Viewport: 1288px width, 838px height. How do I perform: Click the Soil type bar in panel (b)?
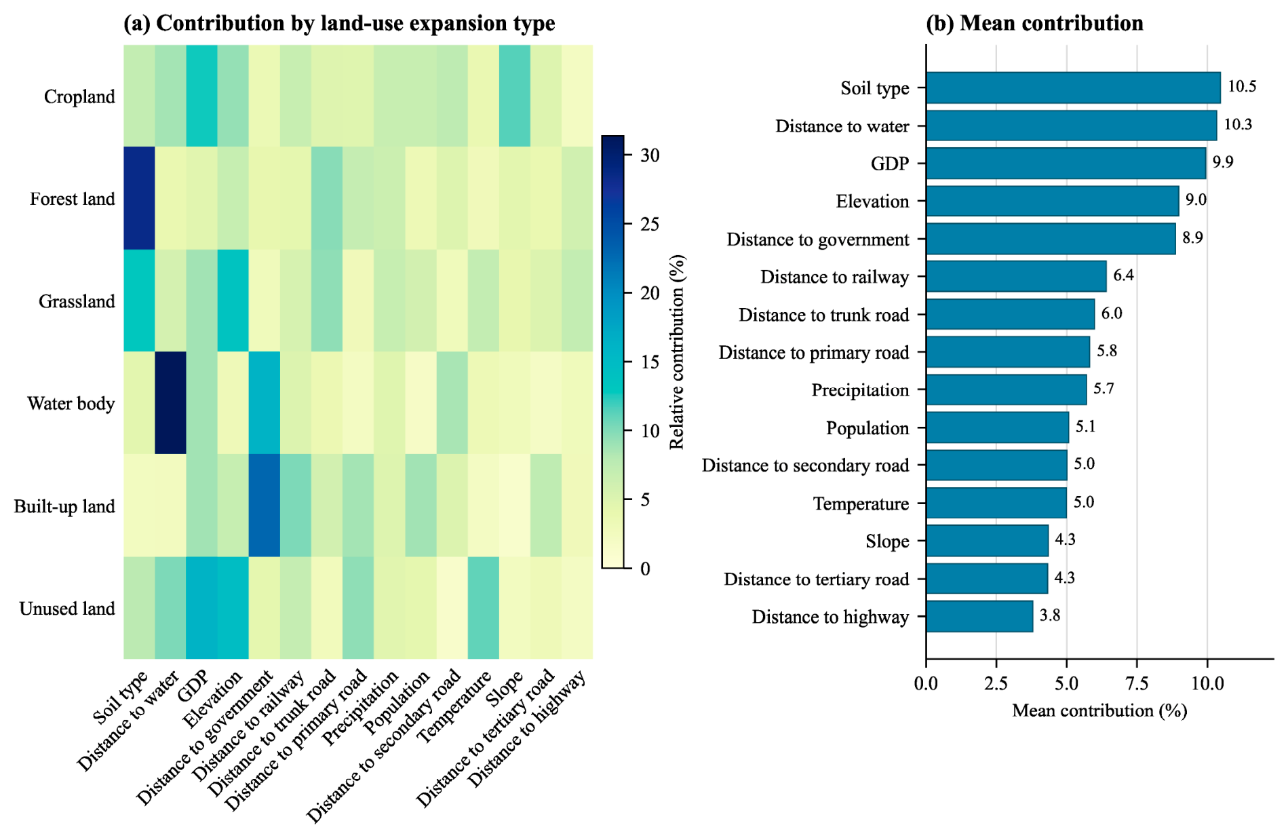tap(1073, 88)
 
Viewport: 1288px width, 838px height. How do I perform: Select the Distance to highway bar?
tap(979, 616)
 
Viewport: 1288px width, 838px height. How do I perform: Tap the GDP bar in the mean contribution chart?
tap(1066, 164)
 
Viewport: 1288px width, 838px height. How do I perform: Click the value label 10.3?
tap(1238, 124)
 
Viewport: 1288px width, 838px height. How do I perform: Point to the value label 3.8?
tap(1050, 615)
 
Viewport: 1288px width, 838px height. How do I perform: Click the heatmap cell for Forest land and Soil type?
tap(139, 198)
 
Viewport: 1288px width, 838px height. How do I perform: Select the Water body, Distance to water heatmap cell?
tap(170, 403)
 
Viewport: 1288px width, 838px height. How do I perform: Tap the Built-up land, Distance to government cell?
tap(265, 506)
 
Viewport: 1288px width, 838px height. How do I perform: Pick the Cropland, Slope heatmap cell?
tap(515, 96)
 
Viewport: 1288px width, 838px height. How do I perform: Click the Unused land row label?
tap(67, 609)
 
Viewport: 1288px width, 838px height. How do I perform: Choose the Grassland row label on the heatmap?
tap(77, 301)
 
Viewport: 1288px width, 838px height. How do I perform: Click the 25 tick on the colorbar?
tap(650, 225)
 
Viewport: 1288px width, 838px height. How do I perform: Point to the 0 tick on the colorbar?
tap(645, 569)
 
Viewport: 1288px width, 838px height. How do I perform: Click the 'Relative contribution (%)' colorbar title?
tap(677, 352)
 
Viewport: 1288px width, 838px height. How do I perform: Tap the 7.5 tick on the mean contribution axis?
tap(1137, 683)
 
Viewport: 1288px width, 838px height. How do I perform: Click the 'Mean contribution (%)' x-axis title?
tap(1099, 710)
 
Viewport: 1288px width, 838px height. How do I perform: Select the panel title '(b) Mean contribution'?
tap(1034, 23)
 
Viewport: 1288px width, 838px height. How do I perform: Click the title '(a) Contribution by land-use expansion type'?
tap(339, 23)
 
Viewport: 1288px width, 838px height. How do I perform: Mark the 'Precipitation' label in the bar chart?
tap(860, 390)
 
